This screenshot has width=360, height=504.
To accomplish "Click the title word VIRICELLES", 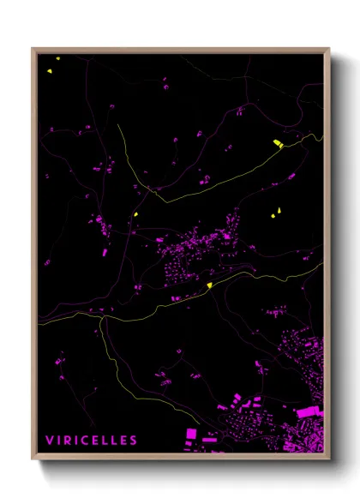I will pos(91,441).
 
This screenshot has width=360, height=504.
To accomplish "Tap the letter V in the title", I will pos(49,441).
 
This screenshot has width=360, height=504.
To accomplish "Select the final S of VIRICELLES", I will pos(133,441).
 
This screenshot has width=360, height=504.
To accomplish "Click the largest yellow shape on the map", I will pos(278,143).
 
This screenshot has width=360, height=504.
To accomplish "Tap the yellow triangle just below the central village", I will pos(210,285).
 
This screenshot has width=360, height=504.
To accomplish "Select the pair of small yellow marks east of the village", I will pos(277,212).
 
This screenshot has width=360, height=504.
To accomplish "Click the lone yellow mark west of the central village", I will pos(136,214).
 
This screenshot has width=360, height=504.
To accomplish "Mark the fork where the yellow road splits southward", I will pos(103,317).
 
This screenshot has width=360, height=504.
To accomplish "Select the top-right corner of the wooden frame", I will pos(329,49).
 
